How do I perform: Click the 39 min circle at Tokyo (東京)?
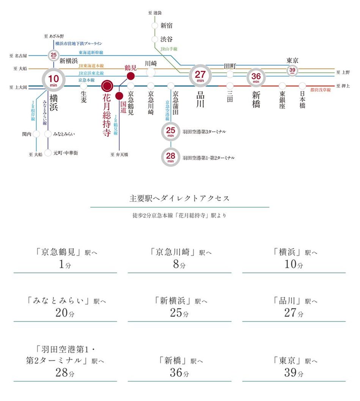(292, 70)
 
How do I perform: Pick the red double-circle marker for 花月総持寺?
(107, 86)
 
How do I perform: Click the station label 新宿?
(166, 26)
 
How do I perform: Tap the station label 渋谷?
(166, 39)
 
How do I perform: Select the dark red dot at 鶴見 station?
(131, 76)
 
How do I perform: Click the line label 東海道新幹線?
(91, 52)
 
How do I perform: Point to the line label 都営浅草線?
(320, 90)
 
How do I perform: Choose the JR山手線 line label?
(169, 49)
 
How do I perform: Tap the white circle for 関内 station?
(36, 134)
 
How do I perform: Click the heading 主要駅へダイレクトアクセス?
(180, 198)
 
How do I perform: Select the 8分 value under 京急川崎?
(179, 265)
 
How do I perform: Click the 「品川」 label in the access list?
(287, 301)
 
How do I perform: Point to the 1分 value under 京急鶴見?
(65, 265)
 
